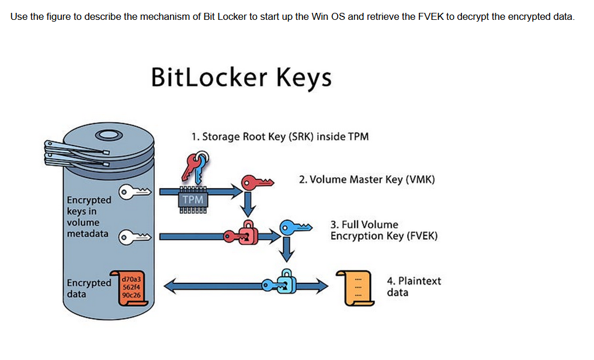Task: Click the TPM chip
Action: tap(193, 199)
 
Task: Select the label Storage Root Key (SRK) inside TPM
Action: tap(280, 137)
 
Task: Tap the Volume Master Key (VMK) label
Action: tap(367, 179)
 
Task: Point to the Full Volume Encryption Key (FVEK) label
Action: tap(384, 230)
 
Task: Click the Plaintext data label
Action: tap(414, 286)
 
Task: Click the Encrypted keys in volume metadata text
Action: tap(88, 217)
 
